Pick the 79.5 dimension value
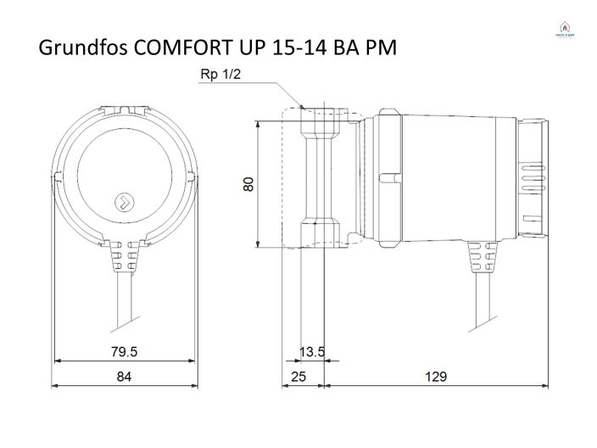125,351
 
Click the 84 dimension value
125,377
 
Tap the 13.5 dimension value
312,351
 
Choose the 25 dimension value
298,377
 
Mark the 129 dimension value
435,377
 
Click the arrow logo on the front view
124,202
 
